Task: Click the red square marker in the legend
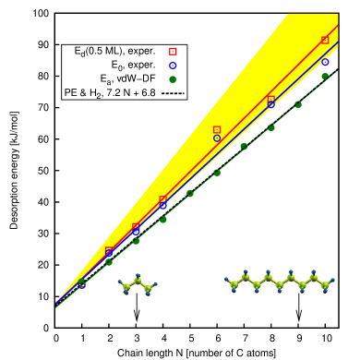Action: (173, 52)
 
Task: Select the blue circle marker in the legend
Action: (173, 66)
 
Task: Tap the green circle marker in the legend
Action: (173, 79)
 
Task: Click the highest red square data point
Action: (325, 40)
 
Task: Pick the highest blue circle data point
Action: (325, 63)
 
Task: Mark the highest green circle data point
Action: (325, 77)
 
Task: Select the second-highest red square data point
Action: (270, 99)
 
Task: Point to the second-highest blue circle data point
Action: (270, 105)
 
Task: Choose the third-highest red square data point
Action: (217, 130)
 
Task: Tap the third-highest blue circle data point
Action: (217, 138)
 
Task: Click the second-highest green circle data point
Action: (298, 104)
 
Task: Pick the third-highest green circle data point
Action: (270, 127)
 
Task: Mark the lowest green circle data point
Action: (82, 282)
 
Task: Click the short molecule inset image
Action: (139, 284)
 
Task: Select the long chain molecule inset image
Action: (279, 281)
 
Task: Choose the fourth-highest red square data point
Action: (162, 199)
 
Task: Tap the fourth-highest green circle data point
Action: (244, 146)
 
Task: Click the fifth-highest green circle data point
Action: (217, 173)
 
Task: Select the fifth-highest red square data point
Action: (136, 227)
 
